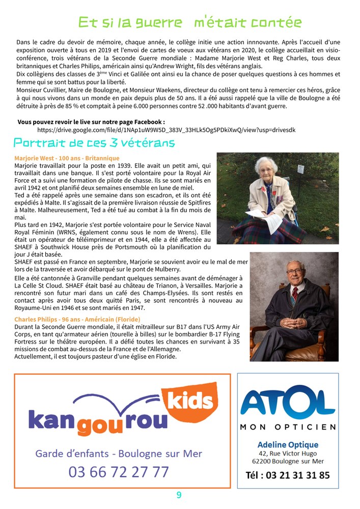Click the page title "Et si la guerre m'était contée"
[189, 22]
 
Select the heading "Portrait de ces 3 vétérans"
[94, 143]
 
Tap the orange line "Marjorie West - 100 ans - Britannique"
[67, 158]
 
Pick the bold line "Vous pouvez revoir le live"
[91, 122]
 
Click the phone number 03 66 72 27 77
[119, 472]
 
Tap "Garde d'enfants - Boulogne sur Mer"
[119, 454]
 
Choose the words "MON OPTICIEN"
[288, 427]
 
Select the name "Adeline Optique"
[288, 445]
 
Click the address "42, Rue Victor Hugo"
[288, 454]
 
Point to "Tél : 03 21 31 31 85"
[288, 475]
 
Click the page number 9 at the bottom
[179, 495]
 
